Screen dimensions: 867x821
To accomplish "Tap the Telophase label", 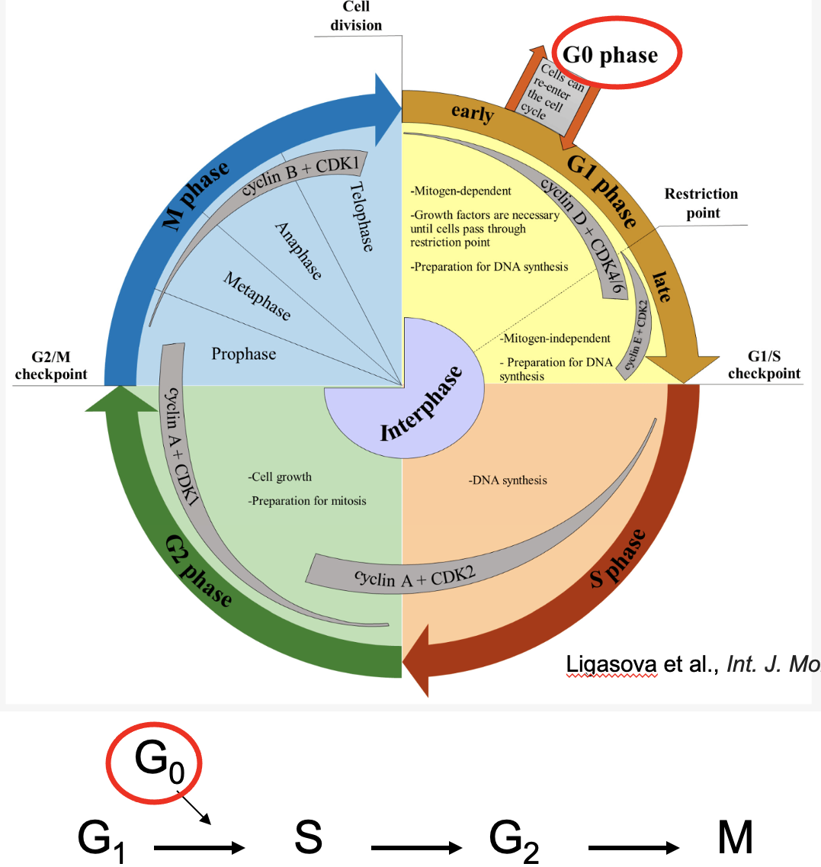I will coord(362,217).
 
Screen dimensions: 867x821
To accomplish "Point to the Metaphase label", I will coord(257,296).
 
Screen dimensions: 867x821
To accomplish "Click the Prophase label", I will coord(244,354).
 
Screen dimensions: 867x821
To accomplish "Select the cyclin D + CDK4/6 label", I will coord(588,230).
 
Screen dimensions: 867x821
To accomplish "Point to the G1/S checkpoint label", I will coord(764,365).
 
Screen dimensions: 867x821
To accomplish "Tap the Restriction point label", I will coord(701,203).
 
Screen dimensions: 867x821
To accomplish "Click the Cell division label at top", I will coord(356,17).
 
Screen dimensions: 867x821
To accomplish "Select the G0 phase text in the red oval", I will coord(610,55).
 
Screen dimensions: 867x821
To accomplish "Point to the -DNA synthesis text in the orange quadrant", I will coord(508,480).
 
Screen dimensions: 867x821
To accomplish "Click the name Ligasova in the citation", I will coord(612,664).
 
